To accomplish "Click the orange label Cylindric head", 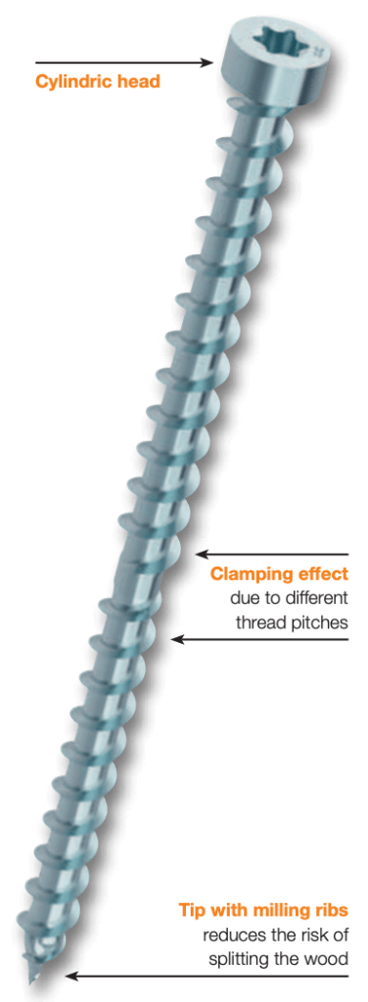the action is click(x=98, y=81).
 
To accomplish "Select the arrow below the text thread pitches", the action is click(x=259, y=640).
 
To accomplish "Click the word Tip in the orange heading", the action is click(x=190, y=908).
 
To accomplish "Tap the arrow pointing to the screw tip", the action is click(x=206, y=976).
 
